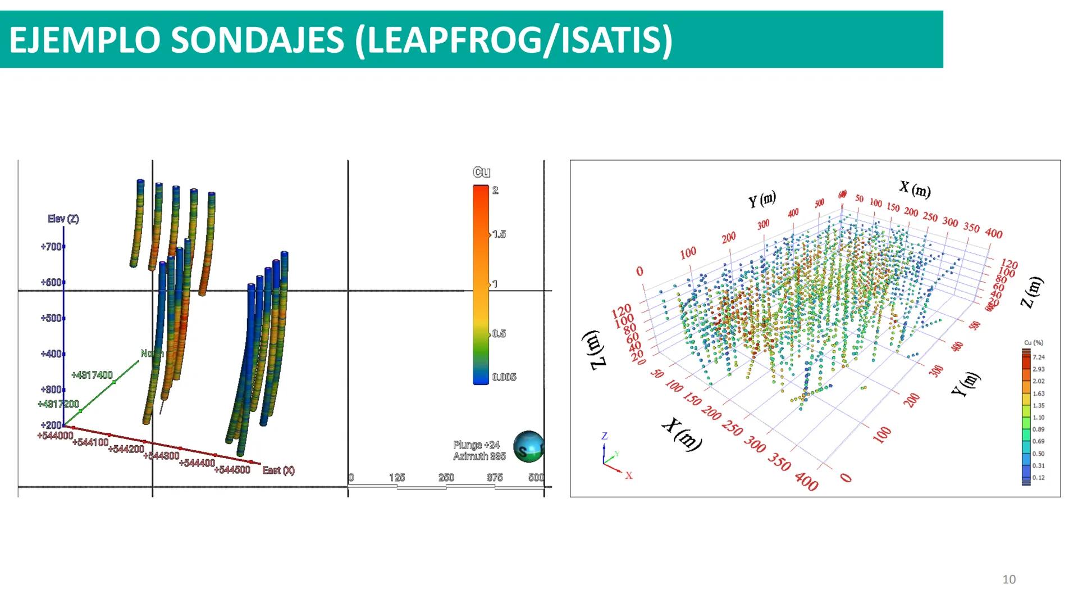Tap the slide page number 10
pyautogui.click(x=1009, y=579)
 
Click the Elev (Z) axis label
pyautogui.click(x=63, y=219)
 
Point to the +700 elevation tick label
pyautogui.click(x=51, y=247)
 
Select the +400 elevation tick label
pyautogui.click(x=51, y=354)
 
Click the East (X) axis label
pyautogui.click(x=278, y=470)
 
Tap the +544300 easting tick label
pyautogui.click(x=161, y=455)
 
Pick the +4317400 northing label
pyautogui.click(x=92, y=375)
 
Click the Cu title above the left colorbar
pyautogui.click(x=481, y=172)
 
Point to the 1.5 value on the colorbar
pyautogui.click(x=499, y=234)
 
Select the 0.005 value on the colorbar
pyautogui.click(x=504, y=377)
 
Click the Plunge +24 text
pyautogui.click(x=477, y=445)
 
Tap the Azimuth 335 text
pyautogui.click(x=479, y=456)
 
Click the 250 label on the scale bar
pyautogui.click(x=446, y=478)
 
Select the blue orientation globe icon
pyautogui.click(x=528, y=447)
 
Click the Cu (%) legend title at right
pyautogui.click(x=1034, y=342)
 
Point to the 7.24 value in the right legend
pyautogui.click(x=1038, y=357)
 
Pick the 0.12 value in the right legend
pyautogui.click(x=1038, y=478)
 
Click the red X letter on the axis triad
pyautogui.click(x=629, y=476)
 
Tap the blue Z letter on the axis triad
pyautogui.click(x=605, y=436)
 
